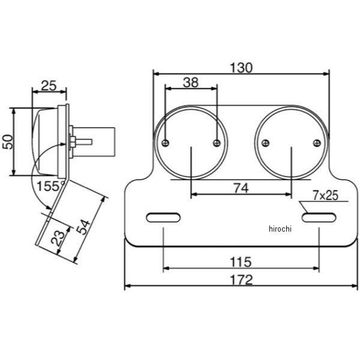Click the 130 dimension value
click(241, 68)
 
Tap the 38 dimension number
click(191, 82)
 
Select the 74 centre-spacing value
click(241, 188)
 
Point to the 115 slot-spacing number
click(241, 262)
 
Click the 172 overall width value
click(241, 280)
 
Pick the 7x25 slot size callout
click(326, 196)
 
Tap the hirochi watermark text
click(280, 229)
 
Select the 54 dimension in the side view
click(83, 227)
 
